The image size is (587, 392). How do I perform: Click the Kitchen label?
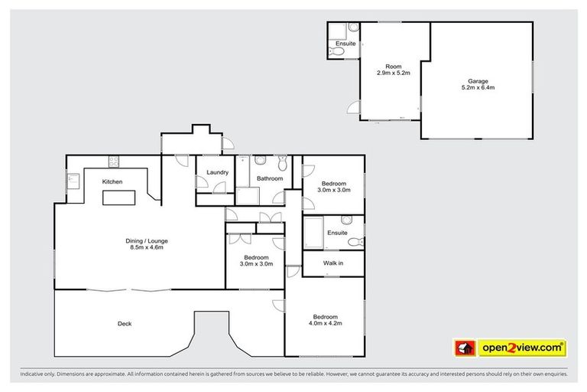[113, 181]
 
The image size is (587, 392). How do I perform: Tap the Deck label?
[124, 323]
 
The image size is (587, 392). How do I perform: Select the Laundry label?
[217, 172]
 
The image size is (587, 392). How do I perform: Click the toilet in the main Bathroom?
[283, 162]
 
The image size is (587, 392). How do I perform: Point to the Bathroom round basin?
[260, 161]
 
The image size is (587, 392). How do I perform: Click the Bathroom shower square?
[247, 196]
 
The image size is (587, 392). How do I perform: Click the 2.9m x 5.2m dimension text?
[394, 73]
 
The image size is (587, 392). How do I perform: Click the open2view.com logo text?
[522, 348]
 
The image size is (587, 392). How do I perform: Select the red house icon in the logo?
[465, 348]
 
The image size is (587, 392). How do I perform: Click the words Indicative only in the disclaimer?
[38, 374]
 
